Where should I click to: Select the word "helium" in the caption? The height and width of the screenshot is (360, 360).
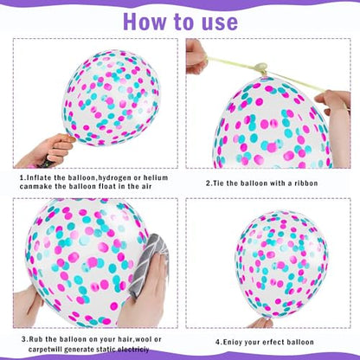pyautogui.click(x=156, y=177)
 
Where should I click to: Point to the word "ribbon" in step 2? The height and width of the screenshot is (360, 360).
pyautogui.click(x=306, y=183)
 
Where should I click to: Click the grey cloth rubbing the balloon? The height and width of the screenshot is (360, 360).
pyautogui.click(x=149, y=262)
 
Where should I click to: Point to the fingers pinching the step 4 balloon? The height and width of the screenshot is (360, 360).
pyautogui.click(x=260, y=323)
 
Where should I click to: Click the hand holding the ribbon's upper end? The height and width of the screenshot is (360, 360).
pyautogui.click(x=196, y=56)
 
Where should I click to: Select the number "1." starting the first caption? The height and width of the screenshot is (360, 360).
pyautogui.click(x=22, y=177)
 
